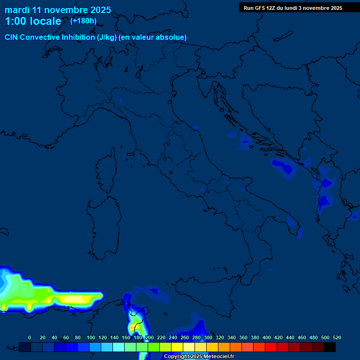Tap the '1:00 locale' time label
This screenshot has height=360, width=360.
click(x=33, y=21)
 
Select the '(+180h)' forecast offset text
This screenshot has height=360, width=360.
click(x=83, y=21)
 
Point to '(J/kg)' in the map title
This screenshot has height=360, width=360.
click(x=107, y=37)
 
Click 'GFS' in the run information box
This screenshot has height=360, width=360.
click(x=259, y=8)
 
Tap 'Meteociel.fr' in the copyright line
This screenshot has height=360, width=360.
click(x=218, y=357)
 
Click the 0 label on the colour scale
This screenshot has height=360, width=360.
click(x=30, y=337)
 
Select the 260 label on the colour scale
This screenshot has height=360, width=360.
click(x=185, y=337)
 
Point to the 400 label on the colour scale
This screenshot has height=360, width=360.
click(x=267, y=337)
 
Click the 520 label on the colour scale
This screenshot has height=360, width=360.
click(x=337, y=337)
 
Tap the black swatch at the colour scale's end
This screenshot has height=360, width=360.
click(x=330, y=347)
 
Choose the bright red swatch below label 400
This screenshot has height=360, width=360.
click(x=271, y=347)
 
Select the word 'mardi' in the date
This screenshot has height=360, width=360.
click(x=17, y=10)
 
